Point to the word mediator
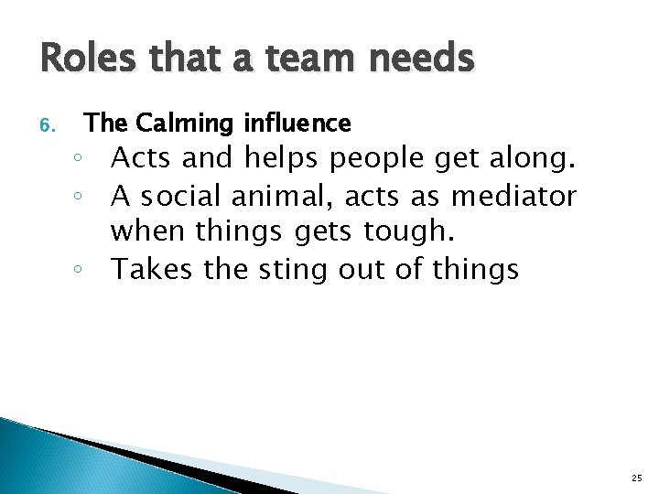coord(529,197)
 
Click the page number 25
coord(636,477)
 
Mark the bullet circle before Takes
coord(81,271)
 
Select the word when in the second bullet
coord(150,232)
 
